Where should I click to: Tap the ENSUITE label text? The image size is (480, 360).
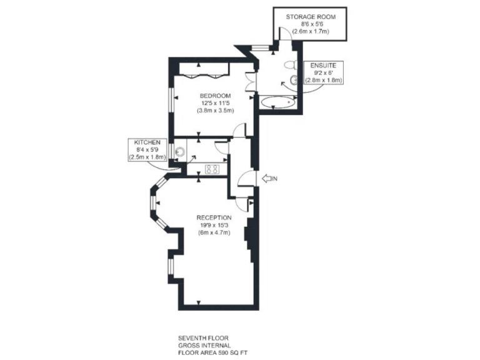click(x=323, y=64)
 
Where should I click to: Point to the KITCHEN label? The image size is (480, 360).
click(x=147, y=142)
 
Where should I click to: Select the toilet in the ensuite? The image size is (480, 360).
click(x=290, y=64)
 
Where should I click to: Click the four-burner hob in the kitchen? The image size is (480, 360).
click(x=211, y=168)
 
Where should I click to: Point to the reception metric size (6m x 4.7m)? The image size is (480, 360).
click(x=214, y=232)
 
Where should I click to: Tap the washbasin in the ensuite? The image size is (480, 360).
click(x=294, y=80)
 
